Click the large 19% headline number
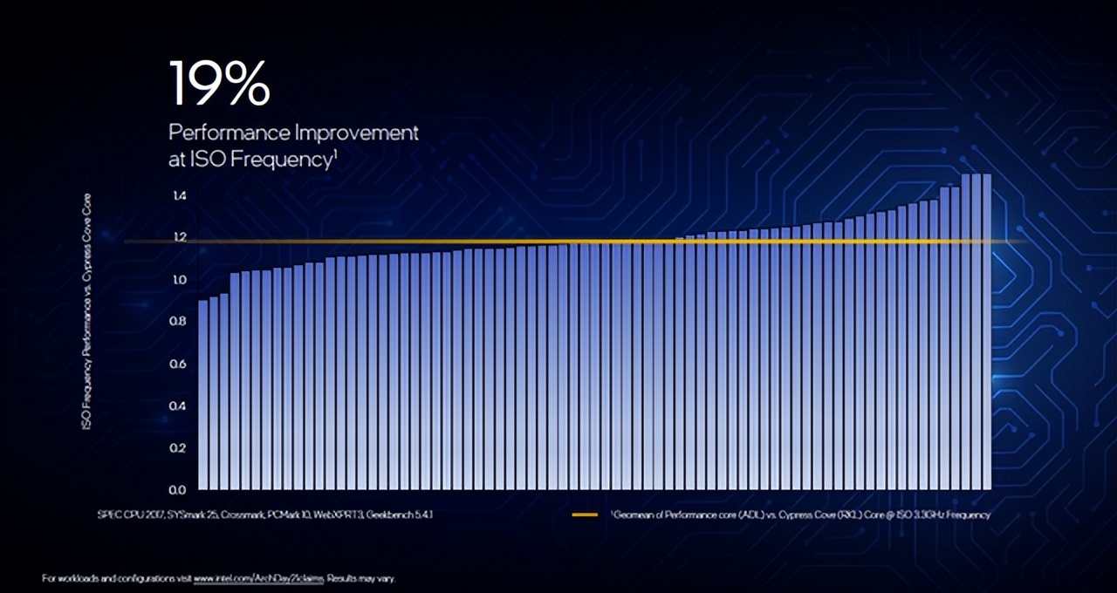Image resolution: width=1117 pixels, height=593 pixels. [x=219, y=84]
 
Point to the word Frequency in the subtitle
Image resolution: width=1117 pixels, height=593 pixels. [x=287, y=160]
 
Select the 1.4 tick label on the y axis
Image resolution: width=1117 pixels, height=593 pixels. [x=179, y=195]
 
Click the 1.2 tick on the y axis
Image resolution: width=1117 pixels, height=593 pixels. [x=179, y=237]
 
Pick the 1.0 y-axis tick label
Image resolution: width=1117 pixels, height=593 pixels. [x=179, y=280]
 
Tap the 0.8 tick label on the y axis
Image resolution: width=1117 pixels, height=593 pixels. [x=179, y=322]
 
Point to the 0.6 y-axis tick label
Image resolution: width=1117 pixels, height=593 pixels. [x=179, y=364]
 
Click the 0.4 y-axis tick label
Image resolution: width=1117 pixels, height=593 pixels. [x=179, y=406]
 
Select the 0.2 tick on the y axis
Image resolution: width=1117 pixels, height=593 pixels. [x=179, y=447]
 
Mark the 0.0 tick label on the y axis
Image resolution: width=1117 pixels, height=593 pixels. [x=179, y=489]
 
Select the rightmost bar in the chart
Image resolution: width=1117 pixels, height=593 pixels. [x=986, y=331]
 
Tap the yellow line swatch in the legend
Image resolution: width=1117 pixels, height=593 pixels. [x=585, y=515]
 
